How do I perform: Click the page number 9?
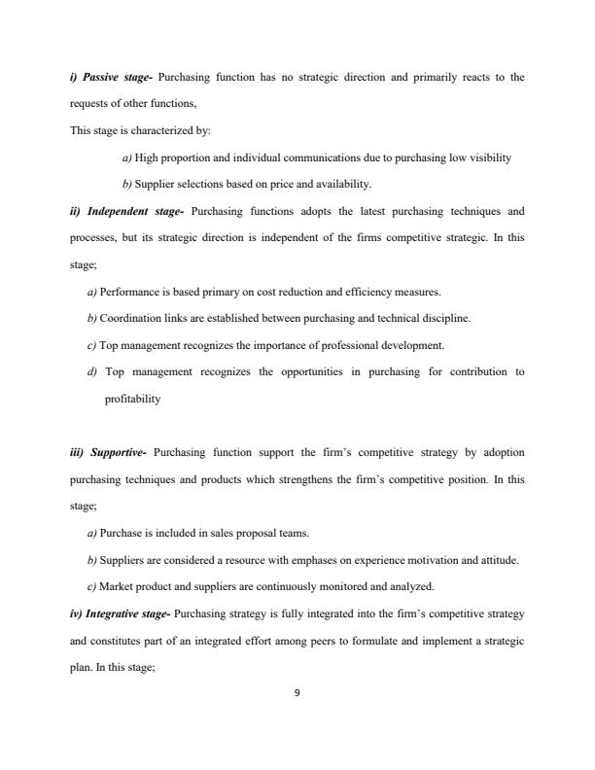(297, 693)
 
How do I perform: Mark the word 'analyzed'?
(404, 586)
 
